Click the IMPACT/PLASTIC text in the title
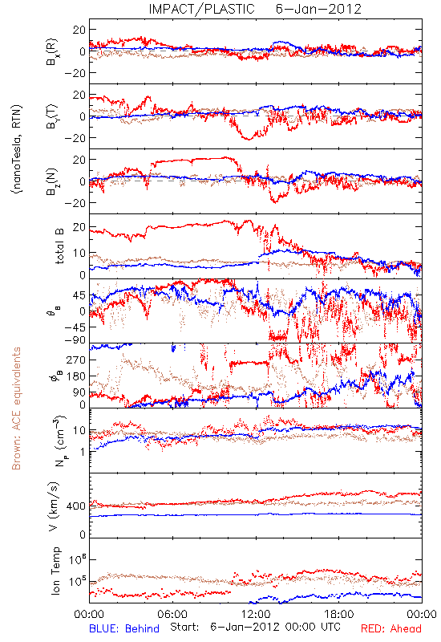tap(201, 9)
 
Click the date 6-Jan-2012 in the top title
tap(318, 9)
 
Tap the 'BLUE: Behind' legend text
tap(124, 628)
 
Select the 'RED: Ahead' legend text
tap(390, 628)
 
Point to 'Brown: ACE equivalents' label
tap(15, 408)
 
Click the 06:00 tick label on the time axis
tap(172, 614)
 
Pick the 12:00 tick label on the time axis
tap(256, 614)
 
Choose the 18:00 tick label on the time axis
tap(339, 614)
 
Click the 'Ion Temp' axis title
tap(55, 571)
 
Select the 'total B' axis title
tap(59, 246)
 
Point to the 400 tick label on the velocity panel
tap(76, 506)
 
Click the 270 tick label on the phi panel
tap(76, 360)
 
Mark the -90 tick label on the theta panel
tap(76, 340)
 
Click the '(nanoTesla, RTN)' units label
tap(17, 148)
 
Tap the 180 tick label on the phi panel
tap(76, 376)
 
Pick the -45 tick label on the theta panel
tap(76, 327)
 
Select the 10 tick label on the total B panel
tap(79, 254)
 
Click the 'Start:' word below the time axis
tap(184, 627)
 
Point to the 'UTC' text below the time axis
tap(330, 627)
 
